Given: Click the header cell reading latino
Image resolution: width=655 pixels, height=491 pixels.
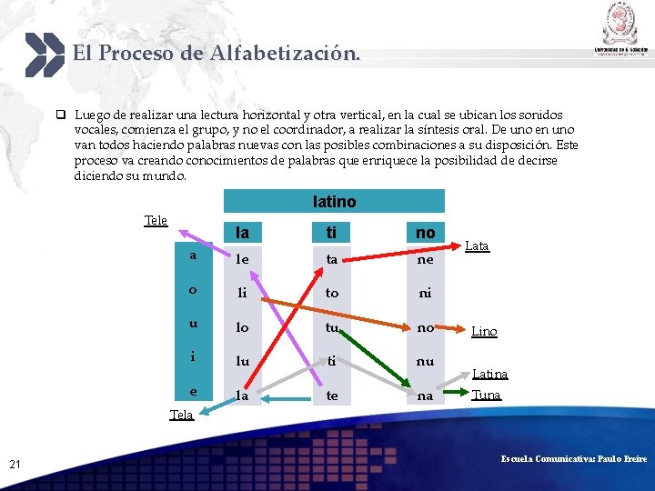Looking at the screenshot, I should click(x=334, y=201).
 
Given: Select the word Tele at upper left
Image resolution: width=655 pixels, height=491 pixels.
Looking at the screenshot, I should click(x=156, y=220).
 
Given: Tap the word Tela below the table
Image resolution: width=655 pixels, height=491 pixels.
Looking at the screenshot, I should click(x=181, y=415).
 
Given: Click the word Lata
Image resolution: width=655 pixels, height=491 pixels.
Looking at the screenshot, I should click(x=477, y=246).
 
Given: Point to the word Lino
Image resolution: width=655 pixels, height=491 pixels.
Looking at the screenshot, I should click(x=484, y=332).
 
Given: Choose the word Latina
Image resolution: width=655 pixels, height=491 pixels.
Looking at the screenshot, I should click(x=489, y=374).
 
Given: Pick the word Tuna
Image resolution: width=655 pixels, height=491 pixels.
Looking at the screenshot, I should click(x=486, y=395).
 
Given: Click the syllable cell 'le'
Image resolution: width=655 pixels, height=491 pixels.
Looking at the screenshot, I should click(x=243, y=259).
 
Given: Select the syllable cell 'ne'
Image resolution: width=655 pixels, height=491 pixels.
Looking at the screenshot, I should click(x=425, y=259).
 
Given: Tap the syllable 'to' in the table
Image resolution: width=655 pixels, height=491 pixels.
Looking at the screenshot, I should click(x=332, y=294).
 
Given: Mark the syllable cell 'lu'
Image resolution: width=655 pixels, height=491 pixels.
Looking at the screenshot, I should click(x=243, y=361).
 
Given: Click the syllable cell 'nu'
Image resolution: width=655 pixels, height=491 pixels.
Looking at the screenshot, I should click(x=425, y=361).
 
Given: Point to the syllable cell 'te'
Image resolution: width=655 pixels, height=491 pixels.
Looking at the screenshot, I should click(x=332, y=396).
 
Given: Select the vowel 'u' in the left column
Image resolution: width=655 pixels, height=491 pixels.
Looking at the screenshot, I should click(x=193, y=324).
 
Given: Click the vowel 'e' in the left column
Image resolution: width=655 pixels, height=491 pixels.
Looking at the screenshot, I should click(x=193, y=391).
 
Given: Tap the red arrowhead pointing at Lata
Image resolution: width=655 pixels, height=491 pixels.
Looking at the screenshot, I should click(x=456, y=244).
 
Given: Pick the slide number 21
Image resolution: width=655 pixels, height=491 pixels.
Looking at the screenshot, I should click(x=15, y=465).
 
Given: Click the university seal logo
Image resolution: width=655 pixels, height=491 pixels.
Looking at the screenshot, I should click(x=622, y=23).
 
